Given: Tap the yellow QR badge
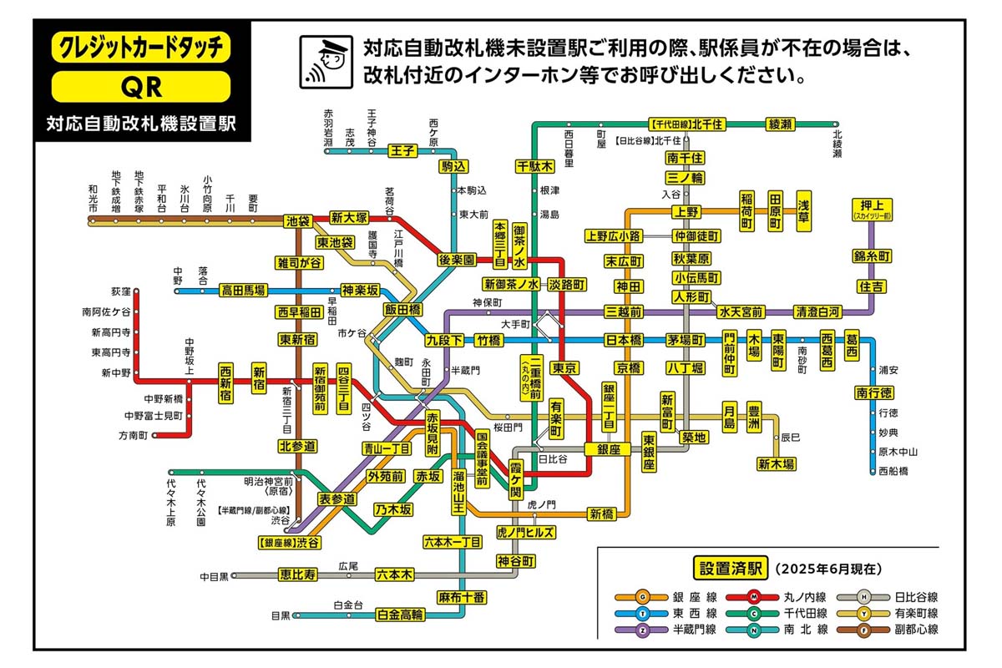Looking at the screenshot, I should click(x=140, y=86).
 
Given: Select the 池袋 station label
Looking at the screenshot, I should click(x=298, y=221).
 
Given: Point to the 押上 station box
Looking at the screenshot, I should click(x=872, y=208).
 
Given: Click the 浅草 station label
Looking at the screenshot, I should click(x=804, y=210).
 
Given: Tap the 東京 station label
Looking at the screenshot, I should click(x=565, y=367).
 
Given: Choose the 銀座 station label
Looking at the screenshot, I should click(x=607, y=449).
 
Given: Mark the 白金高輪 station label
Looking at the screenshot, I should click(x=400, y=615).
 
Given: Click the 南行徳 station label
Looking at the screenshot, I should click(x=873, y=392).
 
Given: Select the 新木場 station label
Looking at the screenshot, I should click(x=776, y=463).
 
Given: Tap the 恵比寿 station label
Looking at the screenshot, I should click(x=298, y=574).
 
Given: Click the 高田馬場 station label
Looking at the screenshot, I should click(x=243, y=291).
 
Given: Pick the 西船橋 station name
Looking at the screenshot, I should click(x=893, y=471).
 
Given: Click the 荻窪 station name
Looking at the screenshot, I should click(x=121, y=292).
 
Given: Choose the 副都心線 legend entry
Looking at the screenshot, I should click(x=914, y=630).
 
